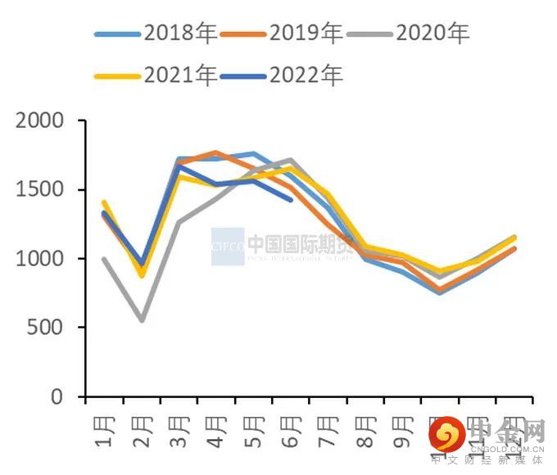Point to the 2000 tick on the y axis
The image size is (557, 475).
pyautogui.click(x=39, y=121)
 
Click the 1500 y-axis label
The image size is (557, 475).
pyautogui.click(x=39, y=190)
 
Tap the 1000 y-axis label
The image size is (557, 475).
pyautogui.click(x=39, y=259)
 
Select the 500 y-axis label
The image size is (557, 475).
pyautogui.click(x=46, y=328)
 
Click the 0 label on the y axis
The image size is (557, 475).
pyautogui.click(x=57, y=396)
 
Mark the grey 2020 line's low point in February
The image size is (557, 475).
pyautogui.click(x=142, y=319)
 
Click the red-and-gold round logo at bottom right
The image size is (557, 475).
pyautogui.click(x=446, y=433)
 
